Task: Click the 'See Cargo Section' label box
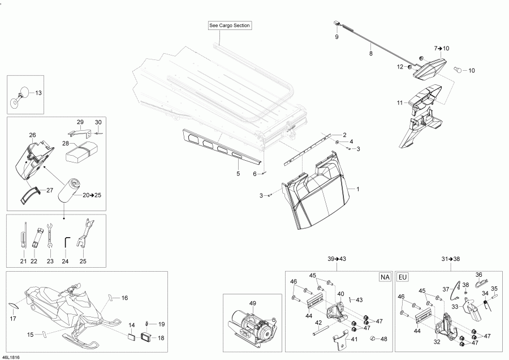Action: coord(230,25)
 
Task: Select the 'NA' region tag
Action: coord(385,277)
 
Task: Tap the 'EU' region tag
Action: coord(402,277)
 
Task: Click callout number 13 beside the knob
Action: coord(38,93)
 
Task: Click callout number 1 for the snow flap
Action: coord(358,189)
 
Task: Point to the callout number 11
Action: coord(400,102)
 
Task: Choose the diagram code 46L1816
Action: coord(10,357)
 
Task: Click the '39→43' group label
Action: coord(337,259)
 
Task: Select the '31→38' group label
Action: coord(451,259)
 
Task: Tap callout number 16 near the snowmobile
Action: coord(124,298)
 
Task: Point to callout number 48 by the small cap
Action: coord(383,339)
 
